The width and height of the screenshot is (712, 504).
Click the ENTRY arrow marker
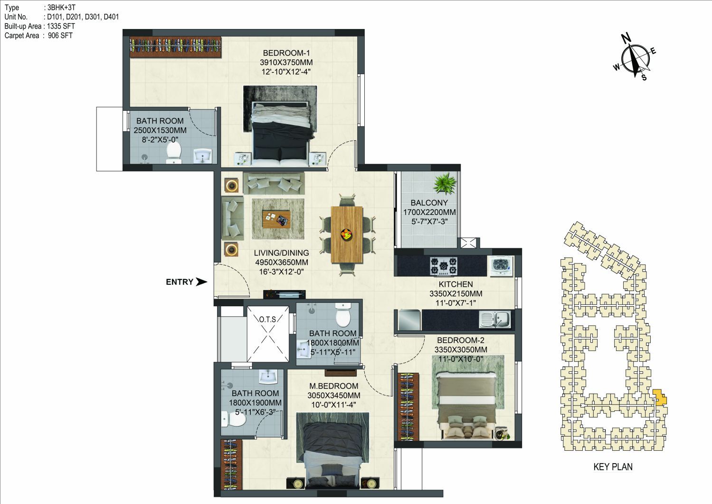[x=201, y=281]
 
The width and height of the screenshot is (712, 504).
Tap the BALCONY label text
[x=429, y=203]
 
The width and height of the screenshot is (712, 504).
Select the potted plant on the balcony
[x=445, y=183]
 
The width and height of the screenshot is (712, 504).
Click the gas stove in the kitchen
[x=444, y=266]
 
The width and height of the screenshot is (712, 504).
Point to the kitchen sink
[x=495, y=319]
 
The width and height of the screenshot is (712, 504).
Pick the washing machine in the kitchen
[x=502, y=266]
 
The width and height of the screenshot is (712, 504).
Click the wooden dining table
[x=347, y=234]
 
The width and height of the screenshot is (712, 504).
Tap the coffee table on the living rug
[x=276, y=219]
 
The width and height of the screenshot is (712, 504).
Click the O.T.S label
[x=267, y=319]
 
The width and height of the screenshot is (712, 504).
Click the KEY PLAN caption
[x=613, y=467]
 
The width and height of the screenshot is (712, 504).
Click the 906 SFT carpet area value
[x=60, y=35]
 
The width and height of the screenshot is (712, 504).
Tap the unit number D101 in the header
[x=55, y=17]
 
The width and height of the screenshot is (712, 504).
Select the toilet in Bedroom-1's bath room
[x=173, y=152]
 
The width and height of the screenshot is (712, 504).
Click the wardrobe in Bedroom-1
[x=175, y=48]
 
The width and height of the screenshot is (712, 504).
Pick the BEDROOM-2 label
[x=461, y=340]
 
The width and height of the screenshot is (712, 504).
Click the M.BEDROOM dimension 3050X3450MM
[x=334, y=396]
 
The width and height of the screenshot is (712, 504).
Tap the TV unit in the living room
[x=285, y=294]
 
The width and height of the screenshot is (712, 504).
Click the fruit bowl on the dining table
[x=346, y=235]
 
